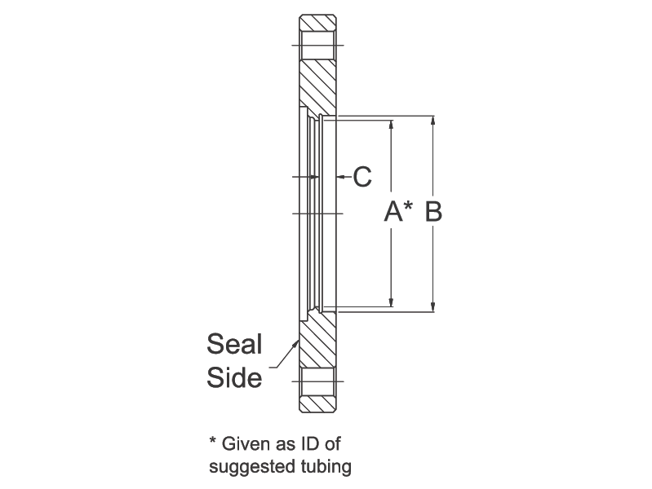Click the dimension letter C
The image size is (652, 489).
pyautogui.click(x=362, y=177)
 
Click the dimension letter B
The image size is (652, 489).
pyautogui.click(x=433, y=211)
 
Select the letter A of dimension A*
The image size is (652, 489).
pyautogui.click(x=393, y=211)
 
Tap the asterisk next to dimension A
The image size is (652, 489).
pyautogui.click(x=408, y=205)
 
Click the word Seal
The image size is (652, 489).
pyautogui.click(x=234, y=344)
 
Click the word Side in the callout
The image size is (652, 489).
pyautogui.click(x=234, y=377)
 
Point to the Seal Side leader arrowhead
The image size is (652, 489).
pyautogui.click(x=296, y=344)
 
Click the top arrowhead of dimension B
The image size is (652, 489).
pyautogui.click(x=432, y=120)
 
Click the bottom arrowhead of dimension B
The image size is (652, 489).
pyautogui.click(x=432, y=307)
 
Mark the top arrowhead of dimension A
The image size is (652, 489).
pyautogui.click(x=391, y=125)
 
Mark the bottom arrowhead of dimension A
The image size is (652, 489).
pyautogui.click(x=391, y=302)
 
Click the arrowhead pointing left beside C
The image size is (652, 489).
pyautogui.click(x=341, y=177)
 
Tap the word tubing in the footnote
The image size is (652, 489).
pyautogui.click(x=326, y=466)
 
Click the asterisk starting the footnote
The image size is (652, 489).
pyautogui.click(x=213, y=440)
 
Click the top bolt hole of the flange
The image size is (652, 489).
pyautogui.click(x=317, y=46)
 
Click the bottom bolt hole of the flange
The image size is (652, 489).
pyautogui.click(x=317, y=381)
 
